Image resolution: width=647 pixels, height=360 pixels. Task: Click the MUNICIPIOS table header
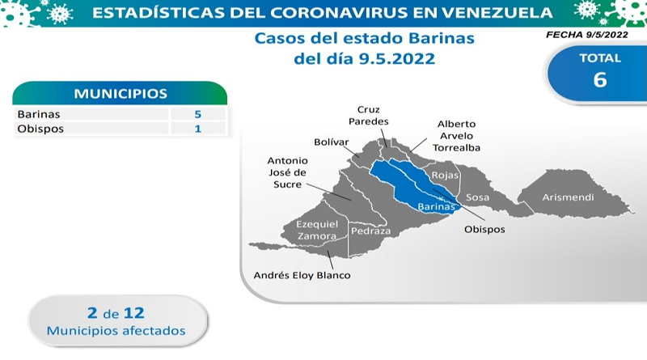120,94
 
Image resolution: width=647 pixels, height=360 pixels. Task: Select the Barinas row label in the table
39,114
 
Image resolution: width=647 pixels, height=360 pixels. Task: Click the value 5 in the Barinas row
198,114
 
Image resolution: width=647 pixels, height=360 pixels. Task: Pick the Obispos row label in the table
40,129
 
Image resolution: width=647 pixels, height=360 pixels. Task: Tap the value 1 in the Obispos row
198,129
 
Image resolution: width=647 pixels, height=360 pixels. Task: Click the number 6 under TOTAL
600,79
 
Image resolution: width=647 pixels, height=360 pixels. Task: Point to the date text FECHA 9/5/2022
587,35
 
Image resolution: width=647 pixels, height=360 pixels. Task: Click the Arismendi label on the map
568,197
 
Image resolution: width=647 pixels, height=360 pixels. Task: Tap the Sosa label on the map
477,197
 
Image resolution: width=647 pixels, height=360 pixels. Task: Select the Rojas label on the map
445,176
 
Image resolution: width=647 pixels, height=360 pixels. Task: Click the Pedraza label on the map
370,231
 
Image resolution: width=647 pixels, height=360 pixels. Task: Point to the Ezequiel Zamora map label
317,230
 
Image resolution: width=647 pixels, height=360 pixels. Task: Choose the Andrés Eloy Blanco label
302,275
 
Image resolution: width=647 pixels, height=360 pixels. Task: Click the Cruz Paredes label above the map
369,115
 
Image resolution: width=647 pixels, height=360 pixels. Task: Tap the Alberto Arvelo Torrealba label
456,136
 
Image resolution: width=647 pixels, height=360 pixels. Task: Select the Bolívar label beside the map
332,142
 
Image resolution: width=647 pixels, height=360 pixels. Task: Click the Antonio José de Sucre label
288,172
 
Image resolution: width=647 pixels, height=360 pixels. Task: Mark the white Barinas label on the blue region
436,206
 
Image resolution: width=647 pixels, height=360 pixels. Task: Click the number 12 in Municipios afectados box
134,313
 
